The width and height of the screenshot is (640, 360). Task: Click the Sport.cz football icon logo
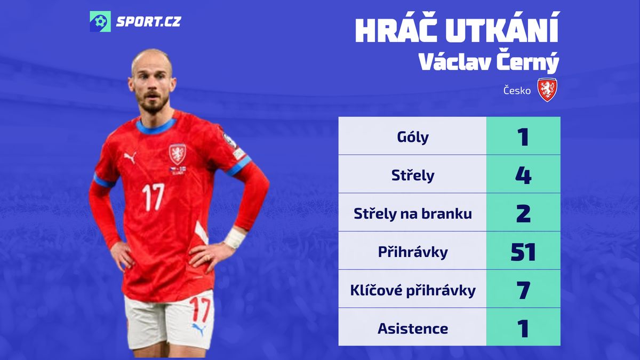(100, 21)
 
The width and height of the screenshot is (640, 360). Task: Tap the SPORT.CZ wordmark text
(149, 22)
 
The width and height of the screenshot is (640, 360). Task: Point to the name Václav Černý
(489, 62)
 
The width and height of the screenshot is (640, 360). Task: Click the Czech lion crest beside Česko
(547, 90)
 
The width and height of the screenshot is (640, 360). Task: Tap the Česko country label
(517, 91)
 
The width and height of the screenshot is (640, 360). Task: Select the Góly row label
(413, 137)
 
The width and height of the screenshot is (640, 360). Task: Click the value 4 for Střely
(523, 175)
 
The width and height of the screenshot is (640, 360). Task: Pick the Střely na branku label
(413, 214)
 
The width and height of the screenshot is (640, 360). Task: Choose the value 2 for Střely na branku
(523, 214)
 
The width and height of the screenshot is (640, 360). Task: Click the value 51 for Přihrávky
(523, 252)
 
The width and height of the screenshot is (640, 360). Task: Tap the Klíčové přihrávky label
(413, 291)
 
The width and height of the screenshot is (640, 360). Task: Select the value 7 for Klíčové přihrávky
(523, 290)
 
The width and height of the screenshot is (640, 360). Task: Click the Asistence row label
(413, 329)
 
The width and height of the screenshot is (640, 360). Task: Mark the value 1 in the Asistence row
(523, 329)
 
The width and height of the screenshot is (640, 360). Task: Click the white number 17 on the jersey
(154, 197)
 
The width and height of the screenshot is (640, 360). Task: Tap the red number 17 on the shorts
(199, 309)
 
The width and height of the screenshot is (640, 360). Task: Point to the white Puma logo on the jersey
(130, 157)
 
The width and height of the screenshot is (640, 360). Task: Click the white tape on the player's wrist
(235, 238)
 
